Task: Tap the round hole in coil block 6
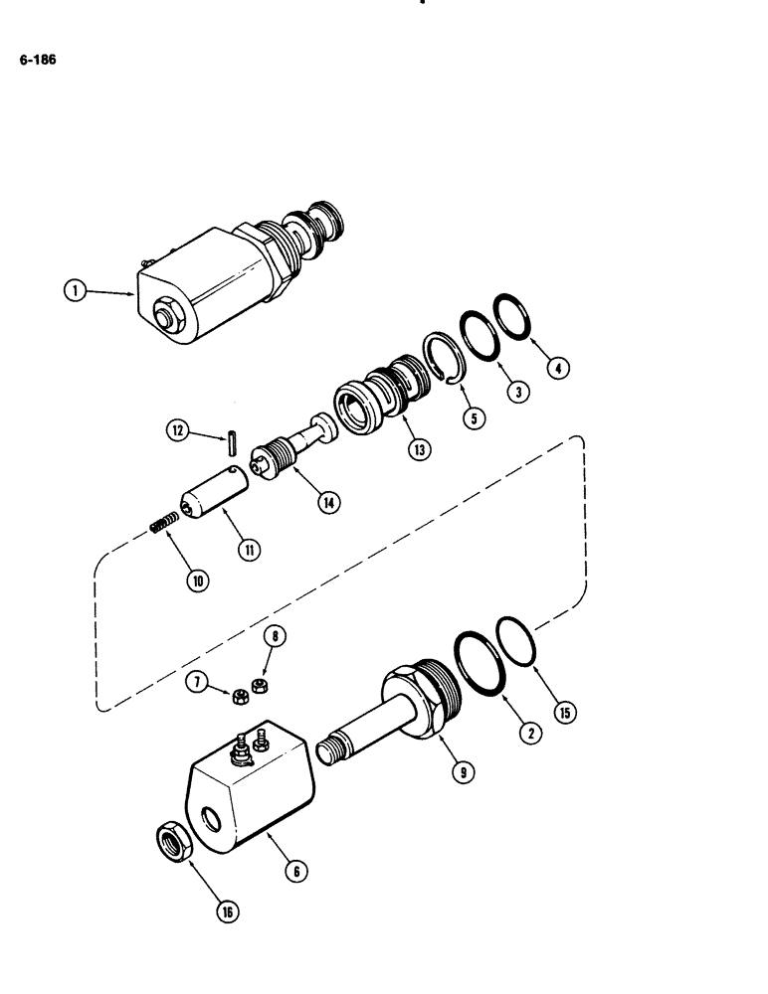(x=211, y=820)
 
